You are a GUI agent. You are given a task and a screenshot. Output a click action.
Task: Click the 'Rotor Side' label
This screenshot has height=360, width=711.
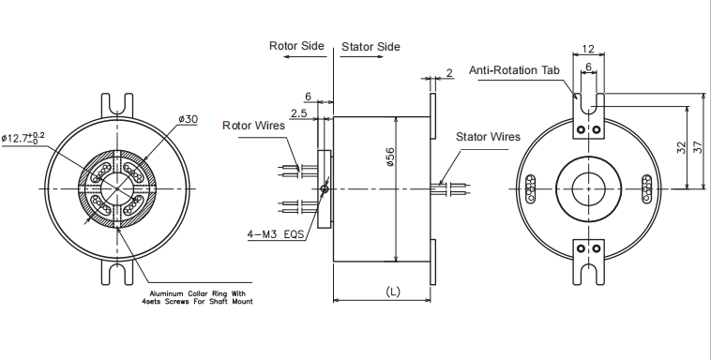click(296, 45)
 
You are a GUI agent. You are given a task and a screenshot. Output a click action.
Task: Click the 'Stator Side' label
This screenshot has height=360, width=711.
click(371, 46)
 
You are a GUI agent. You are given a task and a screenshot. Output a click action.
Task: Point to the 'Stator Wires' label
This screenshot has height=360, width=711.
click(488, 137)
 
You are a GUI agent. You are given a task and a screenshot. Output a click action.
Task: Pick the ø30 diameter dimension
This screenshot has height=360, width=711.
click(188, 120)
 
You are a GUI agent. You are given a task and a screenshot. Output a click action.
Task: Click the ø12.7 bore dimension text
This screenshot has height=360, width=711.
click(23, 138)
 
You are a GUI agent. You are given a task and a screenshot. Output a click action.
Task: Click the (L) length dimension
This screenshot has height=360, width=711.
click(393, 292)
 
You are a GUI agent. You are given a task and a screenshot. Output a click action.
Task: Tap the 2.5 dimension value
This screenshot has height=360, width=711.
click(298, 112)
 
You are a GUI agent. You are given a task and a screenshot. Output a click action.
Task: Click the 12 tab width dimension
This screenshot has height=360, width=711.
click(588, 49)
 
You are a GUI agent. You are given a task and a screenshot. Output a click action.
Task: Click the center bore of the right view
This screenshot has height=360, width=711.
click(588, 188)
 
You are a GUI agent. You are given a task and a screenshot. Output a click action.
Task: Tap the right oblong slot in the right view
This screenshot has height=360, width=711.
click(646, 187)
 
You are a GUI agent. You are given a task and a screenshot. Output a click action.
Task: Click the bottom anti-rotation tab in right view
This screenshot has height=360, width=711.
click(588, 259)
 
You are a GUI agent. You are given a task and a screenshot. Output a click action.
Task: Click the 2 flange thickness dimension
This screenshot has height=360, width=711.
click(449, 72)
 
